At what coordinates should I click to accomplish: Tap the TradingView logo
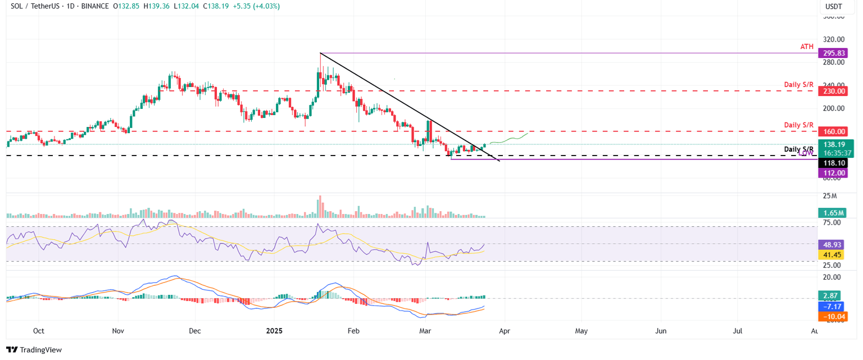pyautogui.click(x=34, y=350)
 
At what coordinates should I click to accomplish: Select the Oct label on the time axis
pyautogui.click(x=39, y=331)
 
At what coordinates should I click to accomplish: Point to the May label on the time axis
pyautogui.click(x=581, y=331)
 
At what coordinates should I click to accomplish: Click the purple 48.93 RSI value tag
pyautogui.click(x=832, y=245)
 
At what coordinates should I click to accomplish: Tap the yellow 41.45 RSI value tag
pyautogui.click(x=832, y=255)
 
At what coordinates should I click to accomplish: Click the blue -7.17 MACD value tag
pyautogui.click(x=832, y=307)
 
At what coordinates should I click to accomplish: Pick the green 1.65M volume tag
pyautogui.click(x=832, y=213)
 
